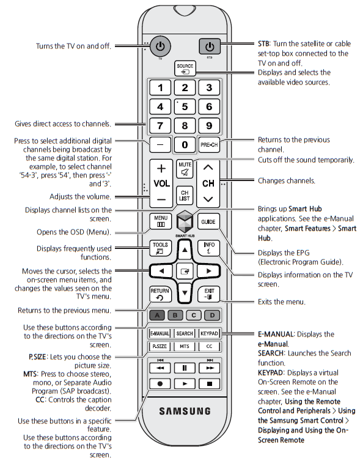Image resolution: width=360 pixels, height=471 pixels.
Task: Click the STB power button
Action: click(209, 46)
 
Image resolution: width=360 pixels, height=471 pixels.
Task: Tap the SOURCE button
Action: click(185, 68)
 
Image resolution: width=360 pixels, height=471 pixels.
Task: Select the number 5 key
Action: click(185, 107)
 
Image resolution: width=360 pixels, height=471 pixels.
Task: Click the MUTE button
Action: click(185, 169)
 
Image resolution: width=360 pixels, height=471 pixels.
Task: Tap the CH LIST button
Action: click(185, 195)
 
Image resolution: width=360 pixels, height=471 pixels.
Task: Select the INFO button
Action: click(208, 248)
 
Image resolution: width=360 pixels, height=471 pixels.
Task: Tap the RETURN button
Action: click(160, 295)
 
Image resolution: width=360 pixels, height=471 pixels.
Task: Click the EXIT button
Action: click(209, 295)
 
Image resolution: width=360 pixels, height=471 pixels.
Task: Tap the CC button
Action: click(209, 346)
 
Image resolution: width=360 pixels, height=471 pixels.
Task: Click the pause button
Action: click(185, 368)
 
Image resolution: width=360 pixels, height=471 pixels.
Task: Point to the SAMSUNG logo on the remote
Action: click(185, 410)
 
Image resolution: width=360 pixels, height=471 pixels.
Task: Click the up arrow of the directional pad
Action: click(185, 250)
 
